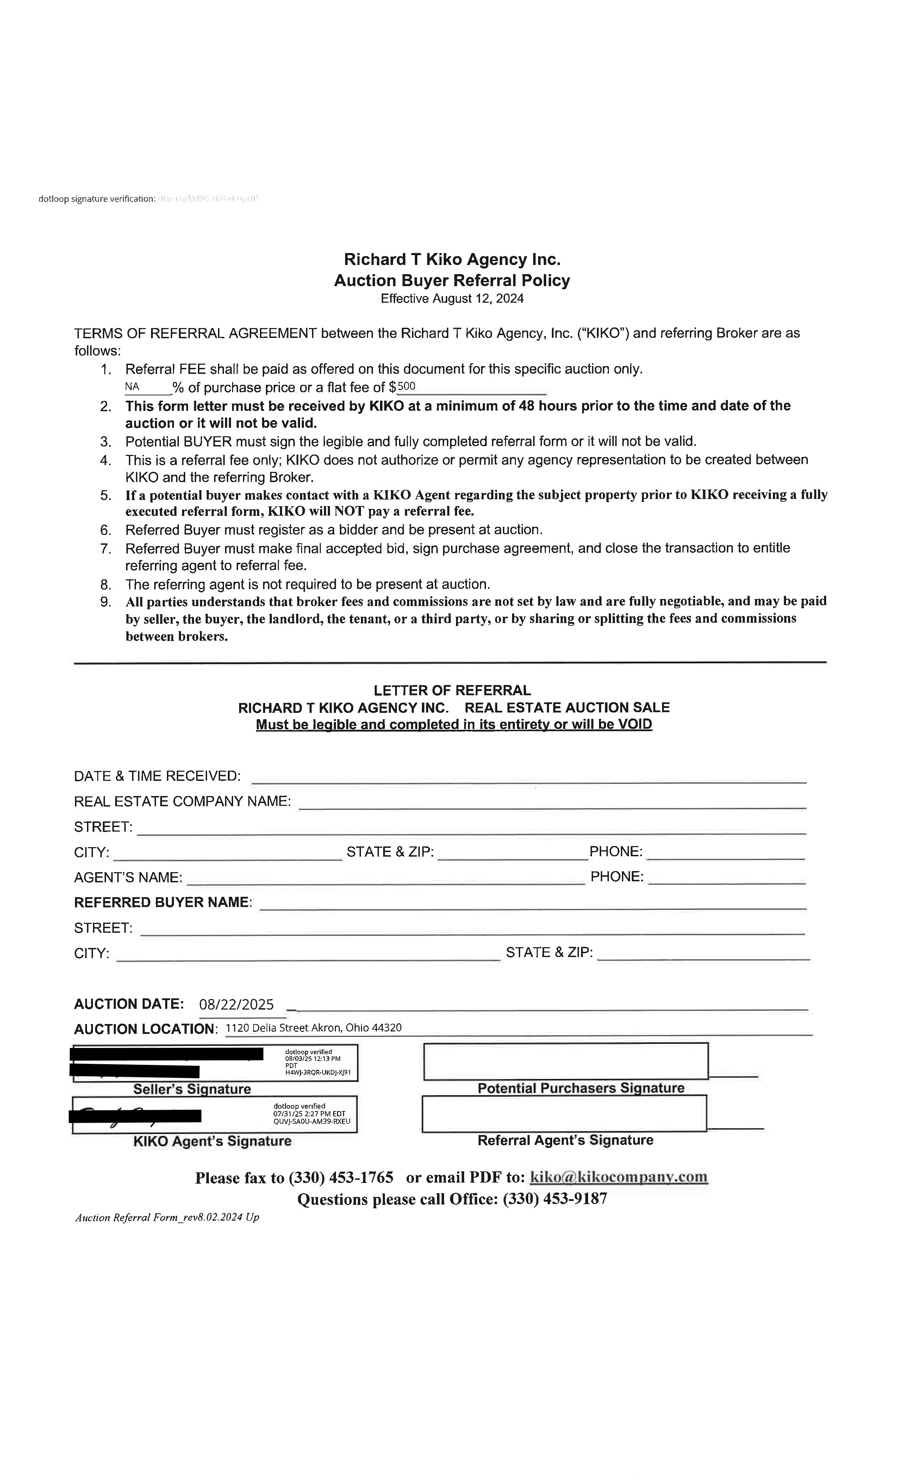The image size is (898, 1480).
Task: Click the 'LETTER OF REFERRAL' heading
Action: pos(452,690)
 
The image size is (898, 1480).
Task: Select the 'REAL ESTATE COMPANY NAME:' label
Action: pos(182,801)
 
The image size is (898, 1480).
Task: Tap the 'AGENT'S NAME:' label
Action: pos(128,877)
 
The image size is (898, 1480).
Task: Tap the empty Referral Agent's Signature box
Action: pos(564,1114)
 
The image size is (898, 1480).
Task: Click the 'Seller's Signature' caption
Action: pos(192,1089)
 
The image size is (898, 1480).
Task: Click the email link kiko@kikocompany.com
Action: pos(619,1177)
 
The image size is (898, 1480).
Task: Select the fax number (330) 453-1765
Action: pos(341,1177)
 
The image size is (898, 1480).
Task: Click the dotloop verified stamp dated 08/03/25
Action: pos(318,1062)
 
